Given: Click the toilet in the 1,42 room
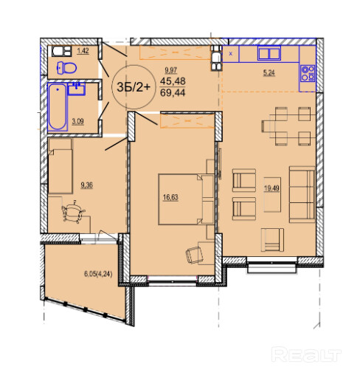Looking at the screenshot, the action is [66, 68].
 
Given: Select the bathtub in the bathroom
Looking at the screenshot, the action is [58, 106].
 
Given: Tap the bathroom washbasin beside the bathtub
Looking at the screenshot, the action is [77, 89].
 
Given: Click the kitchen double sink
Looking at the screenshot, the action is [269, 53].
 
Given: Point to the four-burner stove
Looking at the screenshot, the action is [308, 73].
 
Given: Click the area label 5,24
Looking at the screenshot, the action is [269, 73].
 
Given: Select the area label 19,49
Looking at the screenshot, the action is [271, 188].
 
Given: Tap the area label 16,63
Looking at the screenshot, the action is [170, 197].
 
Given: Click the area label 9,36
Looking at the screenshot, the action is [86, 185].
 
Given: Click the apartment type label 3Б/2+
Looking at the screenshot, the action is [134, 87].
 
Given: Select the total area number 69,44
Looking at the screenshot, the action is [173, 93].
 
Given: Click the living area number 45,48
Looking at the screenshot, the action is [173, 81].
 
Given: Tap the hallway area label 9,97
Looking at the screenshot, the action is [171, 70].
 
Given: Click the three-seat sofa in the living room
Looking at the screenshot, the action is [302, 194].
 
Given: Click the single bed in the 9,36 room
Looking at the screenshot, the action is [60, 166].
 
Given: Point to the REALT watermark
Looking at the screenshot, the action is [306, 354].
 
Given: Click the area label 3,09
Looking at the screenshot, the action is [77, 121].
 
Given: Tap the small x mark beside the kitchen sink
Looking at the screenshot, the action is [231, 54].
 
